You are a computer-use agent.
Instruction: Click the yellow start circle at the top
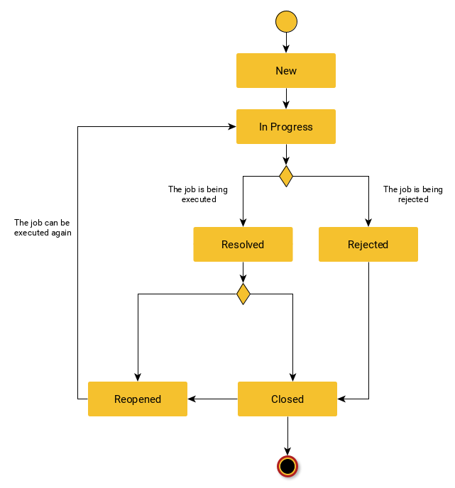pos(285,22)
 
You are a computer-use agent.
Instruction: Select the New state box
pos(285,71)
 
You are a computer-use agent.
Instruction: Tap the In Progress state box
pos(285,127)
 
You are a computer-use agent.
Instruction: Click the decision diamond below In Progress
pos(285,176)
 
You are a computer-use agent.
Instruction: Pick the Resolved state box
pos(243,245)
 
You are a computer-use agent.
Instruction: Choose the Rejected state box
pos(368,245)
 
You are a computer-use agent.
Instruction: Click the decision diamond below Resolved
pos(243,294)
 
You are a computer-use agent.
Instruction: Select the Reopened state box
pos(138,399)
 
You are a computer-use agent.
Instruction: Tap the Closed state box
pos(287,399)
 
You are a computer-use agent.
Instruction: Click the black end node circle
pos(287,466)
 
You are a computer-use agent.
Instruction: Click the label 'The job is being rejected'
pos(412,194)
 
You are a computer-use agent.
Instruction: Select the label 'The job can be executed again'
pos(43,227)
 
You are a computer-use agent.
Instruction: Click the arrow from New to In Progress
pos(285,99)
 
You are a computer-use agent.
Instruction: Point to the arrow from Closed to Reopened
pos(212,399)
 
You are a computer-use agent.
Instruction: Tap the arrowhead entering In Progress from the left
pos(231,127)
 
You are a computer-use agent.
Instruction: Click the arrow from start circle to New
pos(285,43)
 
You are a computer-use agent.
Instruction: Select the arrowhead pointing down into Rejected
pos(368,222)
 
